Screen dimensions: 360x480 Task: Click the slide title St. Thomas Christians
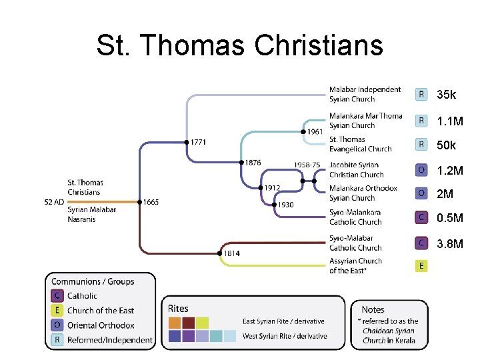point(239,46)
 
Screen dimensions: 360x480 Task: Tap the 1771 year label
point(197,142)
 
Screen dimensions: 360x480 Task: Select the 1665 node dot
point(139,202)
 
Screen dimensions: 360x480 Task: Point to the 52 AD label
point(55,202)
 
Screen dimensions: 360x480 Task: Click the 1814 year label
point(231,253)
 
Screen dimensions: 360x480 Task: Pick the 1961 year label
point(315,131)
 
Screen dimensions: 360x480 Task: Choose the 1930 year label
point(286,205)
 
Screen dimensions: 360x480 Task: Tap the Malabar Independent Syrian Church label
point(365,94)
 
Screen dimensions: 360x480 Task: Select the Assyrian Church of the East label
point(355,265)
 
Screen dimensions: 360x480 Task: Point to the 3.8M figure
point(450,244)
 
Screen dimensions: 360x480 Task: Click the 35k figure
point(447,95)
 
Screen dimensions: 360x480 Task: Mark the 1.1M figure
point(450,122)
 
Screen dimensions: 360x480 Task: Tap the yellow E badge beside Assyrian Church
point(421,265)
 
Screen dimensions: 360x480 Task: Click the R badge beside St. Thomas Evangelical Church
point(421,144)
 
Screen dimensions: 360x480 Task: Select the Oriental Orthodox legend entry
point(101,325)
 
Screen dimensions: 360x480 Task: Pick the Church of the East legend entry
point(101,310)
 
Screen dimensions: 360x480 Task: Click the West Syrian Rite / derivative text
point(285,336)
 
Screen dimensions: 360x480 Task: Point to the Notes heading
point(373,309)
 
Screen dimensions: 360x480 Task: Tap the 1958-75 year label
point(307,165)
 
